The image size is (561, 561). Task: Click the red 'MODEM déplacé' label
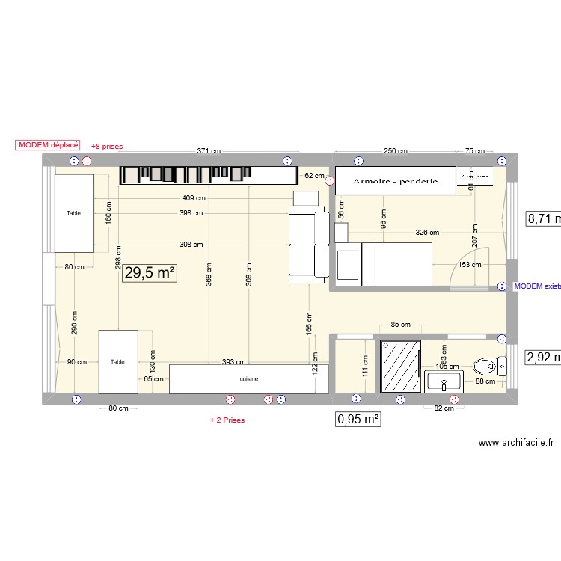(47, 146)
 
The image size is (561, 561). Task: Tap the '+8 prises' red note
(106, 147)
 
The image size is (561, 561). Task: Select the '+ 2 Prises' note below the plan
(227, 420)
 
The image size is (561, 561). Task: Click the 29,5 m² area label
(150, 273)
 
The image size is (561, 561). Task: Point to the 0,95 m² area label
(359, 420)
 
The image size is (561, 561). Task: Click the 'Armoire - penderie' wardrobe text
(395, 182)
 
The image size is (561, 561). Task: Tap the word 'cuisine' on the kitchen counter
(249, 379)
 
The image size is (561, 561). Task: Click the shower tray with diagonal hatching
(401, 367)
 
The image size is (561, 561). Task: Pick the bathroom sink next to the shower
(444, 384)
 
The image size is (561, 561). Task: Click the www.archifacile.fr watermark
(516, 443)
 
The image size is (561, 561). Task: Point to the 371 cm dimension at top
(209, 151)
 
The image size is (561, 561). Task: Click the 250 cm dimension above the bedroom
(395, 151)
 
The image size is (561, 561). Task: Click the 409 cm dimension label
(193, 198)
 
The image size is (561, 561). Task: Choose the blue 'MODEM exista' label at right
(537, 286)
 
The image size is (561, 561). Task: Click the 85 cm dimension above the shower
(400, 325)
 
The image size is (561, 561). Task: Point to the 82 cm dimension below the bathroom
(444, 408)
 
